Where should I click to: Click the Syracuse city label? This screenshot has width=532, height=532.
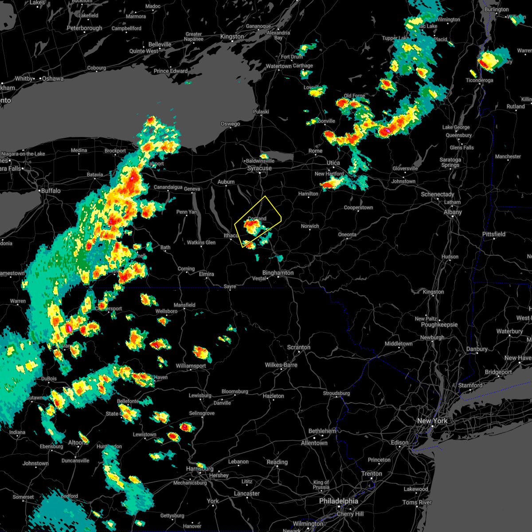coord(259,168)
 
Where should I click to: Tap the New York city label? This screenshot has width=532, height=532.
coord(432,421)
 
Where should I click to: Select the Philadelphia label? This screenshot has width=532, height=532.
coord(338,501)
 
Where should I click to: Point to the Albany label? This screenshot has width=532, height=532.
coord(453,212)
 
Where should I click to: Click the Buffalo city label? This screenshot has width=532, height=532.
coord(51,191)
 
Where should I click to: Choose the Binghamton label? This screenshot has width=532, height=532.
coord(278,273)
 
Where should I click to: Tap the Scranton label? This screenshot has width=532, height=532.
coord(298,347)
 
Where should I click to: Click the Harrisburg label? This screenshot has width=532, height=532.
coord(200,469)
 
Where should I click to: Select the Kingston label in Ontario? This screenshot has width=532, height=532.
coord(232,36)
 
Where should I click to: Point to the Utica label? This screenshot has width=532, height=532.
coord(333,163)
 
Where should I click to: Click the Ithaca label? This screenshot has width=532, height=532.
coord(231,235)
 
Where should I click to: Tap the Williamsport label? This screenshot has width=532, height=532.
coord(191,366)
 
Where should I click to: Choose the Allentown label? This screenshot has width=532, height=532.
coord(314,443)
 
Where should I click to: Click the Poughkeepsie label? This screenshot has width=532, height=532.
coord(439,325)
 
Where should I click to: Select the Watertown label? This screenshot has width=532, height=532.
coord(278,66)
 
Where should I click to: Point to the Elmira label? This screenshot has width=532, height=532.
coord(207,274)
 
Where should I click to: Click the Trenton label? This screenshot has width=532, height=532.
coord(372,473)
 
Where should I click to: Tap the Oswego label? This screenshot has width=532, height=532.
coord(230,124)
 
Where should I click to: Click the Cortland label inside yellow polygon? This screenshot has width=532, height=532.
coord(257,219)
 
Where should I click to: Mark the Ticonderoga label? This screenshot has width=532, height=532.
coord(479,80)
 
